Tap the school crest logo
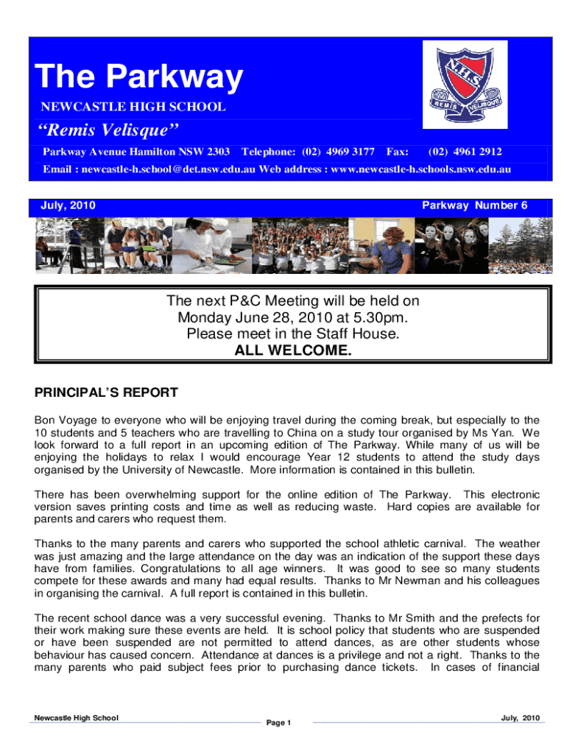click(x=465, y=83)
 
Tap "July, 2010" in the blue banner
click(x=67, y=205)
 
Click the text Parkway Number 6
click(x=474, y=205)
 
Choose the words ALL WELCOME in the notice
click(x=292, y=350)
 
